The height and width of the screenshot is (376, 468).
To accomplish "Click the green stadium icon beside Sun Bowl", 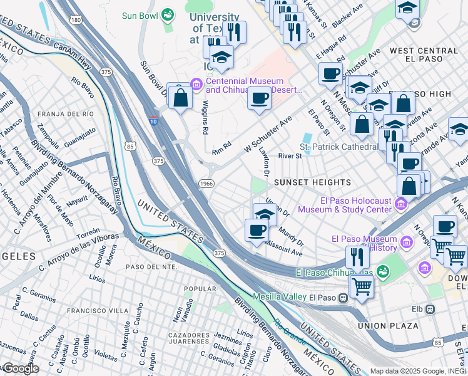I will pyautogui.click(x=168, y=14).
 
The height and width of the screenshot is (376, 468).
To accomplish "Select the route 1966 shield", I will pyautogui.click(x=207, y=183).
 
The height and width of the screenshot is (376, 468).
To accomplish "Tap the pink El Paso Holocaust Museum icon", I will pyautogui.click(x=400, y=204).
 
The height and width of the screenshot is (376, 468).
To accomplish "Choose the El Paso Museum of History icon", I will pyautogui.click(x=407, y=241).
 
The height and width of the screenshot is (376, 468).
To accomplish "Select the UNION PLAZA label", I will pyautogui.click(x=388, y=326).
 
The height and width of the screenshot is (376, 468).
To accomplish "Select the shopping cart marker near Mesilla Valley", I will pyautogui.click(x=362, y=288).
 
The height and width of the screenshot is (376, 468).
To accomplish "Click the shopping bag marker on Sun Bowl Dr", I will pyautogui.click(x=180, y=97).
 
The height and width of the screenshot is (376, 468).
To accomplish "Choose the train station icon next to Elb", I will pyautogui.click(x=430, y=309).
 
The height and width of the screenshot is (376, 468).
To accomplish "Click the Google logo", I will pyautogui.click(x=20, y=368).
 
